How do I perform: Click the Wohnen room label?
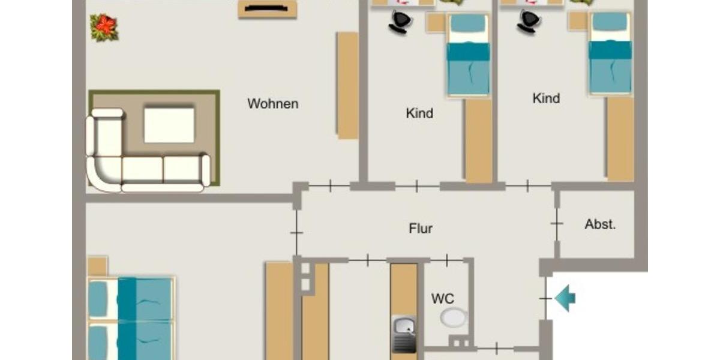[x=273, y=104]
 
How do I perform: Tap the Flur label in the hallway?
[x=421, y=229]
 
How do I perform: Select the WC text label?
[x=443, y=298]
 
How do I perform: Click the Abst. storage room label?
[x=600, y=225]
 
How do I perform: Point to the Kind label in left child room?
[x=419, y=113]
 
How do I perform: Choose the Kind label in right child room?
[x=546, y=98]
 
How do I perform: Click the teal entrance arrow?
[x=565, y=298]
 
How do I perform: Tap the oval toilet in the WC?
[x=454, y=317]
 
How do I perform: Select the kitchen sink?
[x=404, y=327]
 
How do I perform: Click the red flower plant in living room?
[x=104, y=28]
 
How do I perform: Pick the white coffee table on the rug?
[x=169, y=125]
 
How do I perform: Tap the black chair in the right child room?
[x=529, y=22]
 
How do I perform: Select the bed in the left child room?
[x=468, y=54]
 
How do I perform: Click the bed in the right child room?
[x=610, y=53]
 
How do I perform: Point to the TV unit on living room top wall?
[x=268, y=9]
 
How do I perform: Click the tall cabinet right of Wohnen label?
[x=347, y=85]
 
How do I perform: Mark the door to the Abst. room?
[x=557, y=224]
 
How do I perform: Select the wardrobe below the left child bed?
[x=478, y=140]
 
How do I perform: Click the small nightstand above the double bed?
[x=97, y=266]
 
